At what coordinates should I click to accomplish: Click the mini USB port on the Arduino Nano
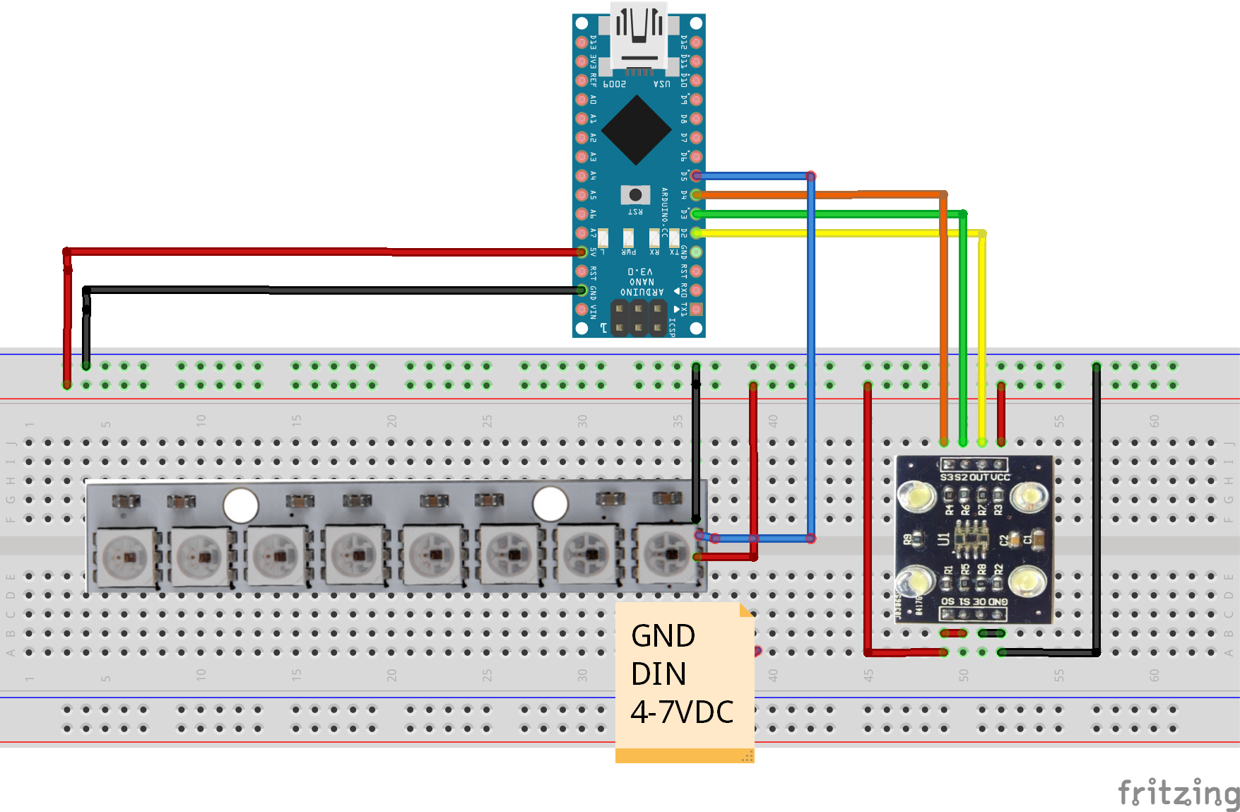pos(639,39)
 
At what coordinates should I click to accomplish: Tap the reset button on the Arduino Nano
pos(635,194)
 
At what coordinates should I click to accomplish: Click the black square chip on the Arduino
pos(637,130)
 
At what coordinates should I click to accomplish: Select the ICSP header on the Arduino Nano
pos(639,318)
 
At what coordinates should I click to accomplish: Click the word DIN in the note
pos(659,674)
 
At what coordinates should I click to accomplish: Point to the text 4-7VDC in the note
pos(682,712)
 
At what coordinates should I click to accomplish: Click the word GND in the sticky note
pos(663,636)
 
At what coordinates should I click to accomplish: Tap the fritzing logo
pos(1178,793)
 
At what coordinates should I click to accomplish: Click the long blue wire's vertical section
pos(811,353)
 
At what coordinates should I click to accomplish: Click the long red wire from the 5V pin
pos(318,252)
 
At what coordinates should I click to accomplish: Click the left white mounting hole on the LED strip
pos(241,505)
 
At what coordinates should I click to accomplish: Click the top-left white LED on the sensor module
pos(916,497)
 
